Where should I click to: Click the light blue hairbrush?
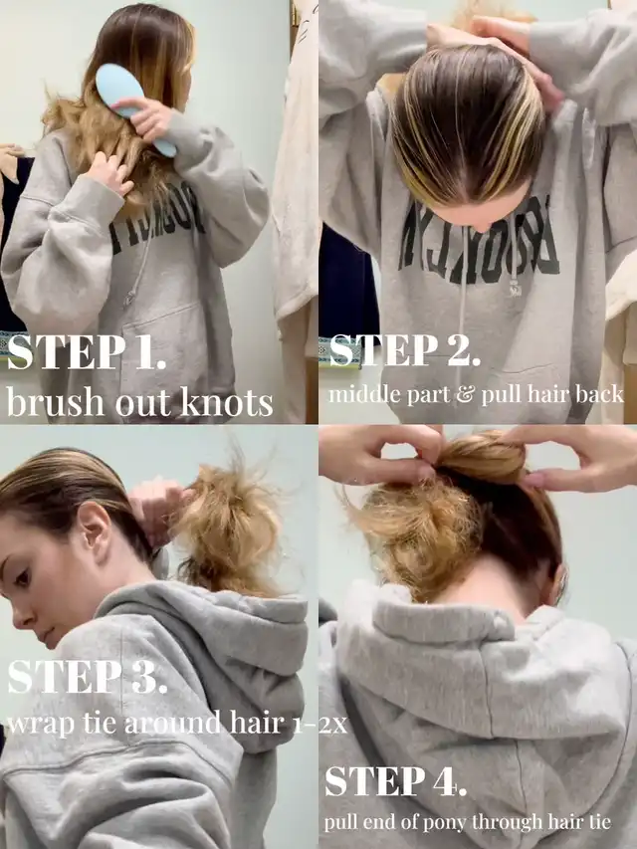click(132, 106)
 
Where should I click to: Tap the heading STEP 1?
click(87, 352)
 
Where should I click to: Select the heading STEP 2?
click(405, 350)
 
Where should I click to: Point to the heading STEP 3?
click(88, 677)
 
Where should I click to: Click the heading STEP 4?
click(395, 781)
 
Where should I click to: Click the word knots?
click(226, 402)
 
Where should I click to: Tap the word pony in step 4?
click(434, 823)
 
